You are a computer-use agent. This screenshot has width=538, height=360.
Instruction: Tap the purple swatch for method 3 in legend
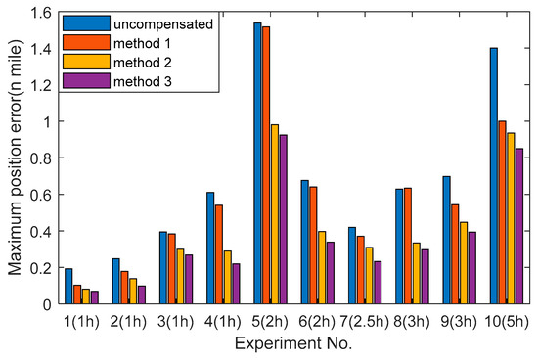tap(80, 81)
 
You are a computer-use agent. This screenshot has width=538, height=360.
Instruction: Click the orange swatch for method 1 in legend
tap(80, 42)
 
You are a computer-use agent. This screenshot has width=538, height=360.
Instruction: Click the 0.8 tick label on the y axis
tap(40, 158)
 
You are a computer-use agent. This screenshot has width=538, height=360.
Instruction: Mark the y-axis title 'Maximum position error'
tap(13, 158)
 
